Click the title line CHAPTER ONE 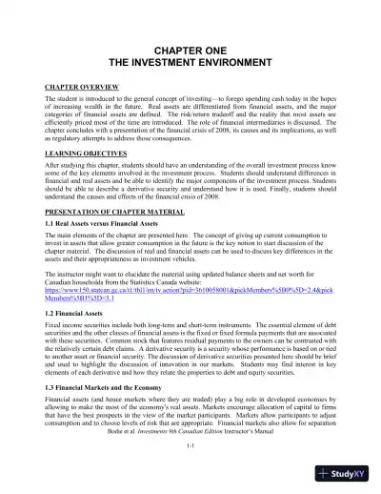(x=190, y=47)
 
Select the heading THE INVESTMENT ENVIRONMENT (x=190, y=60)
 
